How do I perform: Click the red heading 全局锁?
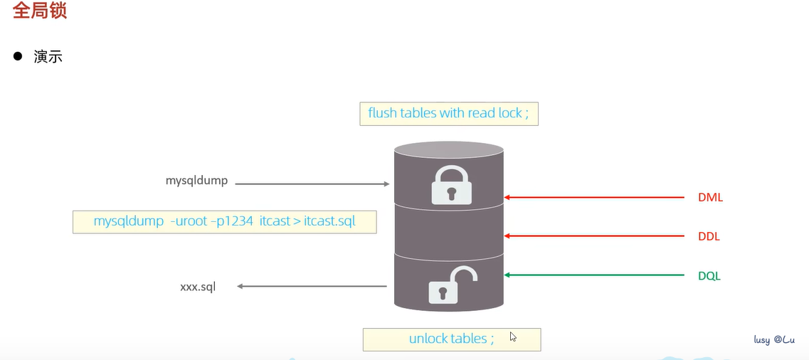(40, 11)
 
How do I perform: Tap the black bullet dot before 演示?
(18, 55)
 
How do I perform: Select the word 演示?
(48, 56)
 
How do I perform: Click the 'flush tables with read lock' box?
(449, 113)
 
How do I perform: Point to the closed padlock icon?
(451, 184)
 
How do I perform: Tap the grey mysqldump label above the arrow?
(196, 181)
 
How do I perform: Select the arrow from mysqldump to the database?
(312, 184)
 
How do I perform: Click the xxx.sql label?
(198, 287)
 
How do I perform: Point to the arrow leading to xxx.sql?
(312, 286)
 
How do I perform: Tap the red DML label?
(711, 198)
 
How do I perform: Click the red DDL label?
(709, 237)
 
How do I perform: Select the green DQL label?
(709, 276)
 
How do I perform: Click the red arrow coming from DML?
(594, 197)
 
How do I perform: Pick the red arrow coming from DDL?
(594, 235)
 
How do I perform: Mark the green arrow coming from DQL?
(594, 275)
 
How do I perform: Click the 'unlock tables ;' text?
(451, 339)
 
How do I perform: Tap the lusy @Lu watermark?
(774, 340)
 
